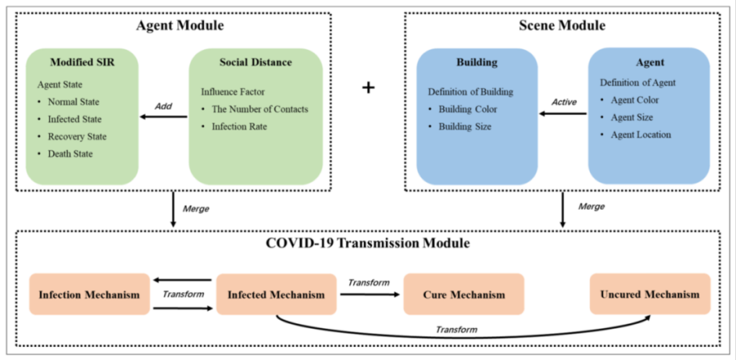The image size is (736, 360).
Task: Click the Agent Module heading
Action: point(180,25)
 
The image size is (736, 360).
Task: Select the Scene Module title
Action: point(562,25)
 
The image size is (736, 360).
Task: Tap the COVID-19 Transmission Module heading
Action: point(369,243)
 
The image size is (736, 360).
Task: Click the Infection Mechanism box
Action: point(90,294)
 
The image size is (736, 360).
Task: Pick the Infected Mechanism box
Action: point(276,294)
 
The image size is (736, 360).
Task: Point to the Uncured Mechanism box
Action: point(650,294)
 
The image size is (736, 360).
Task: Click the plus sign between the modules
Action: point(368,87)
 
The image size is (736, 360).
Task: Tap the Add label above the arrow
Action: point(163,106)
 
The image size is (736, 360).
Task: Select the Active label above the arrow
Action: point(563,102)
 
